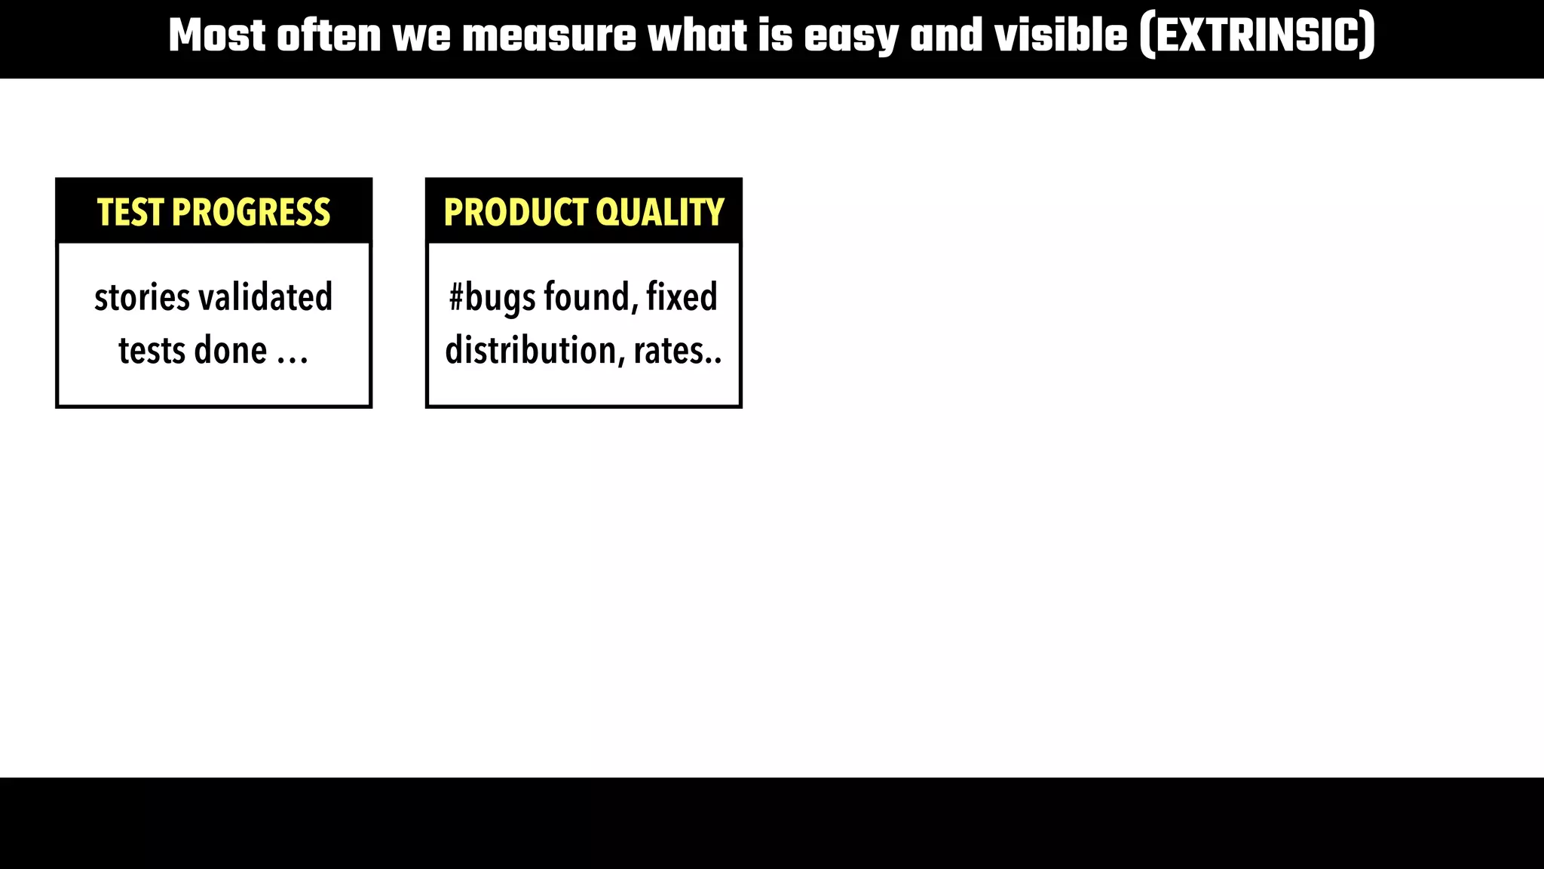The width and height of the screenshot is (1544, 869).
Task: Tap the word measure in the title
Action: [x=549, y=36]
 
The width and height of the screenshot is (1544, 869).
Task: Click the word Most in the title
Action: [x=217, y=36]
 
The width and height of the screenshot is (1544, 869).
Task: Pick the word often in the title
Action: [x=329, y=36]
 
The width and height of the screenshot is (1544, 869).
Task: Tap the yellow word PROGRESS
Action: [x=251, y=213]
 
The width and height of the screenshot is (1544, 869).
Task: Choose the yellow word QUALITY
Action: [x=660, y=213]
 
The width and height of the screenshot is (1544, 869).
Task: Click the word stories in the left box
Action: [x=142, y=297]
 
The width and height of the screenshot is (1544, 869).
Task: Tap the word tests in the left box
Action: [x=151, y=351]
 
